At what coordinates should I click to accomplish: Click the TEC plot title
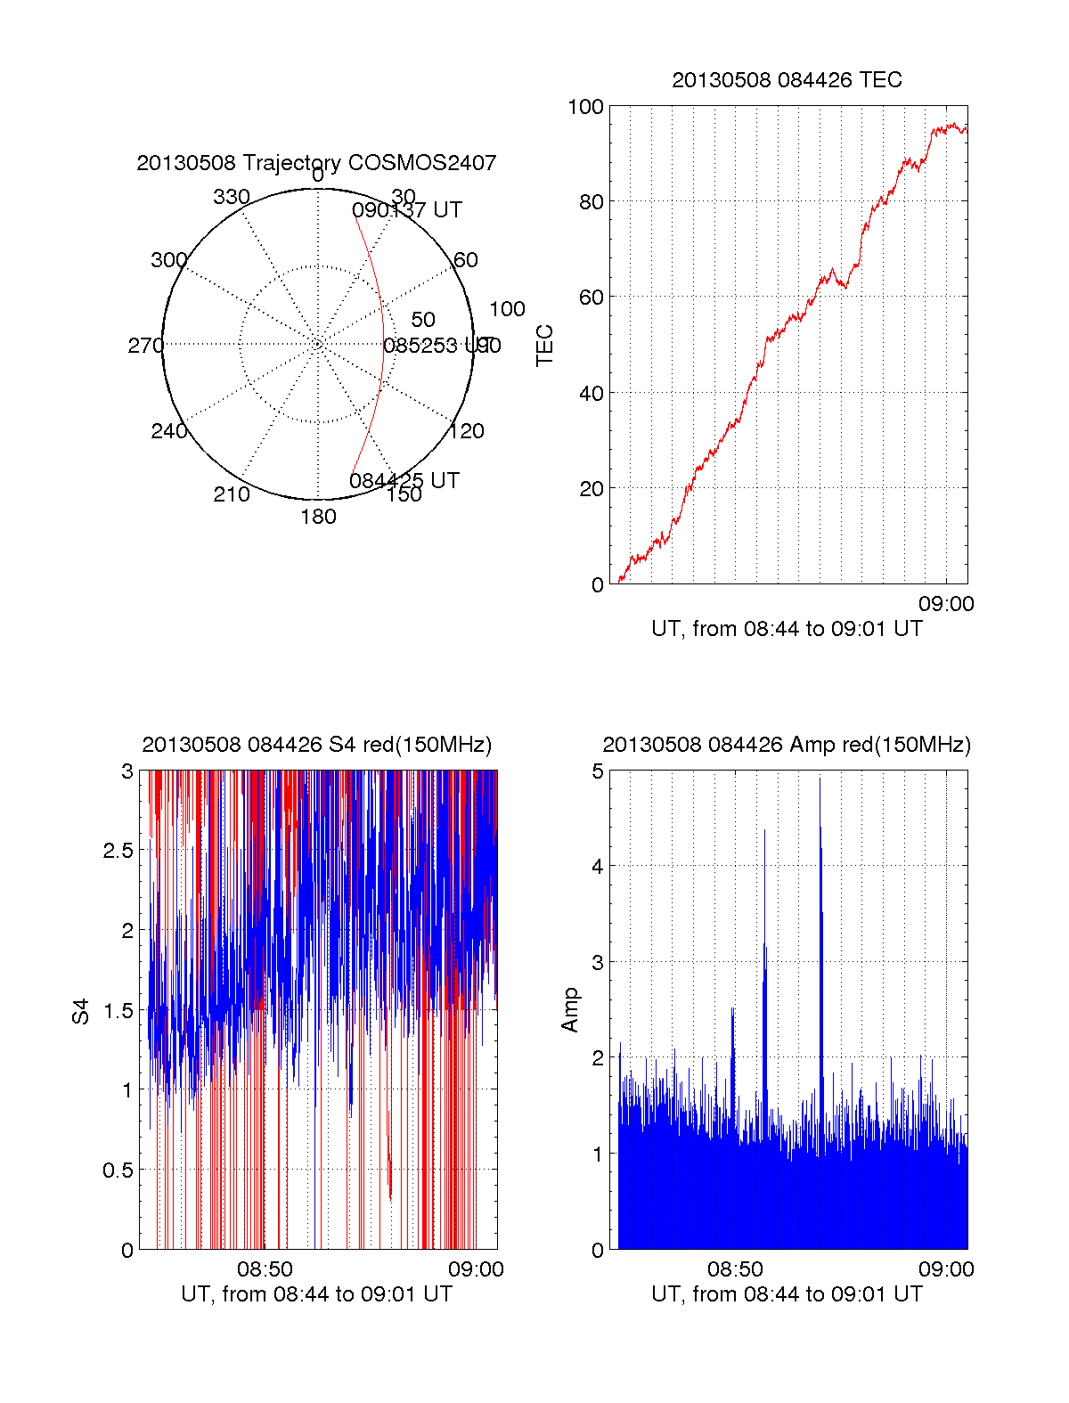click(x=787, y=80)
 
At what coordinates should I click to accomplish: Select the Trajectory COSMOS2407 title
click(x=316, y=163)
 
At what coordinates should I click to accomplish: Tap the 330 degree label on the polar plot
click(x=232, y=197)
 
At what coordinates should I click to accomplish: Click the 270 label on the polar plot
click(x=145, y=346)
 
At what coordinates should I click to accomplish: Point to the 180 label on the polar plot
click(x=318, y=517)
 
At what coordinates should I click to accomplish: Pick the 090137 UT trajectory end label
click(x=407, y=210)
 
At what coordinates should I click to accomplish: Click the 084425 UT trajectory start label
click(x=404, y=481)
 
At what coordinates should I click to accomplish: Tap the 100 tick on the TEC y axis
click(x=585, y=107)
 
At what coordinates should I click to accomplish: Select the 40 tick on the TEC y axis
click(x=592, y=393)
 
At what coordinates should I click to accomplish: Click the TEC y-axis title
click(x=545, y=346)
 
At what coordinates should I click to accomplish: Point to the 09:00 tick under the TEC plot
click(x=946, y=604)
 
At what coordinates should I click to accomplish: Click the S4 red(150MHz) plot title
click(x=316, y=745)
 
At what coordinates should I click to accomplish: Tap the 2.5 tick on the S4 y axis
click(x=118, y=851)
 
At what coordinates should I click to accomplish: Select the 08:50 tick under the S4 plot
click(x=265, y=1269)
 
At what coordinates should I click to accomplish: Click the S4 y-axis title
click(x=81, y=1011)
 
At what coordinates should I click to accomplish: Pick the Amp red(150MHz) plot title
click(x=787, y=745)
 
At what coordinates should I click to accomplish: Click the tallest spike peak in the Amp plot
click(x=820, y=779)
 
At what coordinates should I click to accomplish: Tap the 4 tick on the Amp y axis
click(x=598, y=866)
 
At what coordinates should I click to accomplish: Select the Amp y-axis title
click(x=570, y=1010)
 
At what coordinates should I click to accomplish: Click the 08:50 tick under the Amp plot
click(x=735, y=1269)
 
